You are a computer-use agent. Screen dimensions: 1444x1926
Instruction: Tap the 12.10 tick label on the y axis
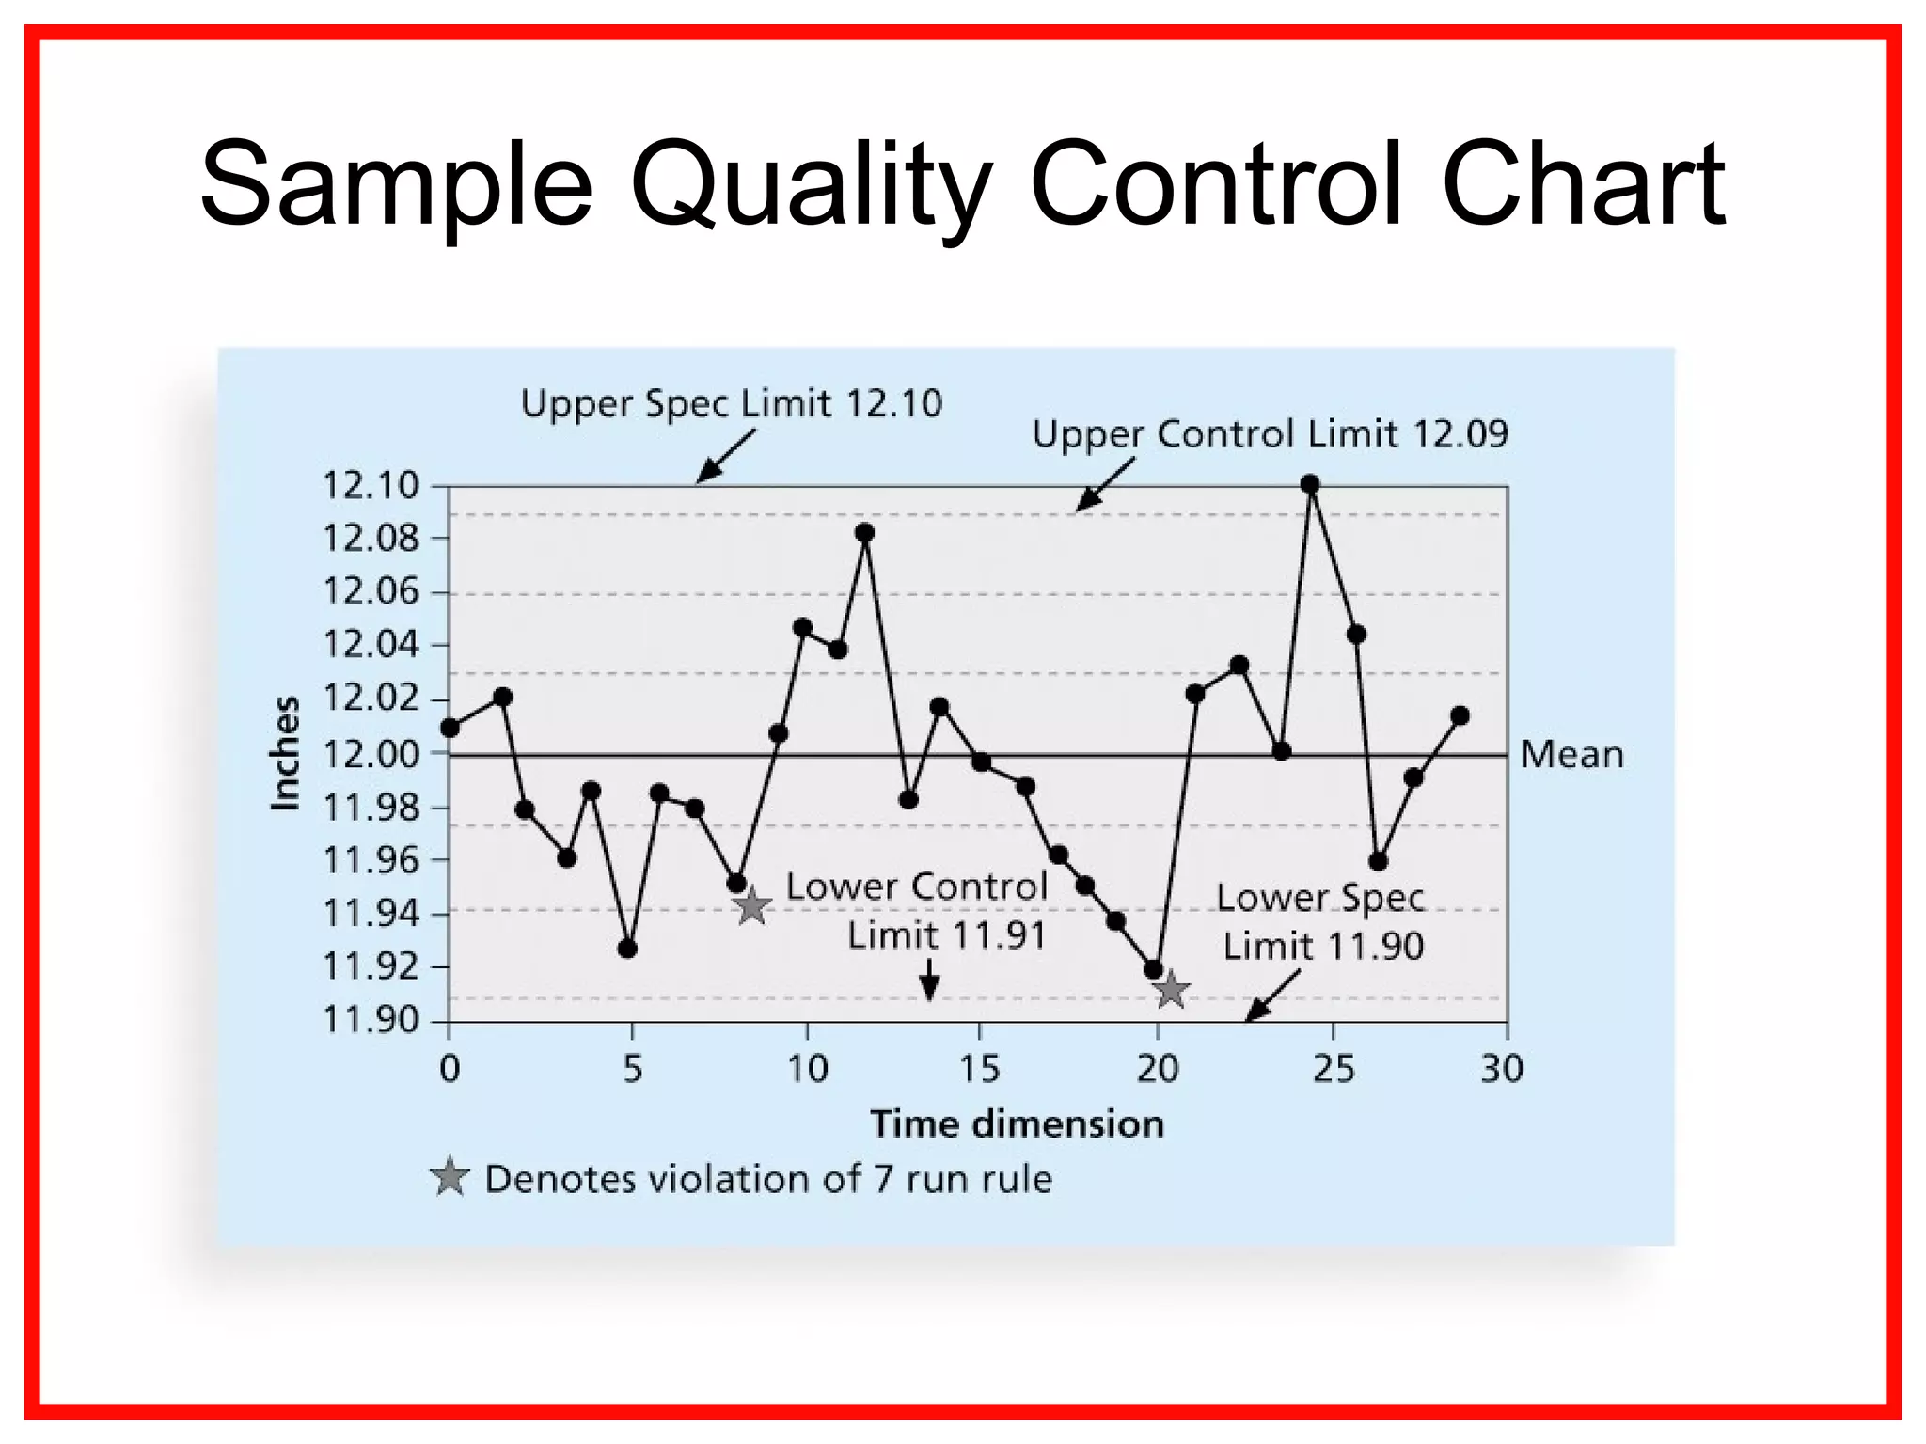[370, 486]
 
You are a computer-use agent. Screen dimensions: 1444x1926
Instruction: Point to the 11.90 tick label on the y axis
[370, 1019]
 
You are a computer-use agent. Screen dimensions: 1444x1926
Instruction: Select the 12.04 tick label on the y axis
[370, 645]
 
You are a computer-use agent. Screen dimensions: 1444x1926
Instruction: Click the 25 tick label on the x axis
[1334, 1069]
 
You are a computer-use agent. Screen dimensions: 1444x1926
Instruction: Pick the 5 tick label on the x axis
[632, 1069]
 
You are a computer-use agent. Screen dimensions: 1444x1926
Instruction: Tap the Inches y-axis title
[284, 753]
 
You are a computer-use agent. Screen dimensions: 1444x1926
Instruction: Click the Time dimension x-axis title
[1017, 1124]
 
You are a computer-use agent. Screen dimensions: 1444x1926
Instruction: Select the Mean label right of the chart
[1571, 755]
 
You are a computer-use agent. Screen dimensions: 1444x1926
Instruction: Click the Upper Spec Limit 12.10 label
[731, 403]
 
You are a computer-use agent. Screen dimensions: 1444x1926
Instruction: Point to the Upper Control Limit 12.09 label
[1270, 434]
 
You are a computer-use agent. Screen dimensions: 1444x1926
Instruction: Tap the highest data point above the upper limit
[1310, 484]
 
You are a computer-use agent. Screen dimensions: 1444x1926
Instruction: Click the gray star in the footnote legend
[450, 1177]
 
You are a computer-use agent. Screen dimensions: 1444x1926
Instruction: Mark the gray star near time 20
[1171, 990]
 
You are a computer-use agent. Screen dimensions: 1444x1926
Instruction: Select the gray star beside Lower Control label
[751, 906]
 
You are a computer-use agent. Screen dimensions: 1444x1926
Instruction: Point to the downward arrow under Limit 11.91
[929, 981]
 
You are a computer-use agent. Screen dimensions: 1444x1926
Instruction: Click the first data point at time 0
[450, 728]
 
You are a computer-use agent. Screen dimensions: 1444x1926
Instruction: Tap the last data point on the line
[1460, 716]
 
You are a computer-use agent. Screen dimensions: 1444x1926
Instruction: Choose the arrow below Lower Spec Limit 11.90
[1272, 995]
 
